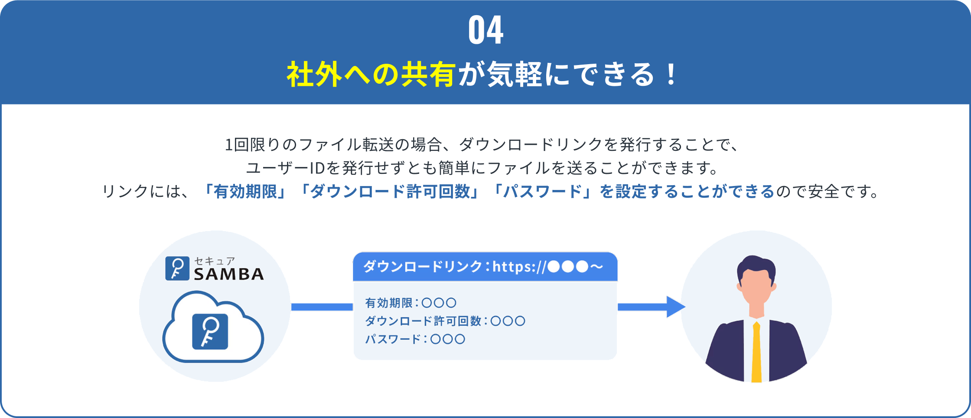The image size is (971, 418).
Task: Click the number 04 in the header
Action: pos(485,30)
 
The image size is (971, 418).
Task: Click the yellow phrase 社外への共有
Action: pos(371,75)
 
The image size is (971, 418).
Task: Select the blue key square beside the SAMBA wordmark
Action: pos(177,268)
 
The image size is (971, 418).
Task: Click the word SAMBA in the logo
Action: pos(229,274)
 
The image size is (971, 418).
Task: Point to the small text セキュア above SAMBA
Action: pos(214,261)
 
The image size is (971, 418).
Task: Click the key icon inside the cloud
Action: pos(210,332)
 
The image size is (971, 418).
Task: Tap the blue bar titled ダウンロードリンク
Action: pos(485,267)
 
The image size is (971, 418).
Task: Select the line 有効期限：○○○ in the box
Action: pos(411,303)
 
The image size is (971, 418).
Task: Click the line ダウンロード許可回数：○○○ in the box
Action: pos(445,321)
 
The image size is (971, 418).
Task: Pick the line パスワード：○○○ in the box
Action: pos(415,339)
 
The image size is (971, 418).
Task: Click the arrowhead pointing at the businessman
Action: pos(675,307)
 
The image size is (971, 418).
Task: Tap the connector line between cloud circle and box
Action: pos(322,307)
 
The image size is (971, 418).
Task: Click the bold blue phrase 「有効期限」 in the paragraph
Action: pos(245,191)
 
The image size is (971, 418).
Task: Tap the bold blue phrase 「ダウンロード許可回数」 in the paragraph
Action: pos(390,191)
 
